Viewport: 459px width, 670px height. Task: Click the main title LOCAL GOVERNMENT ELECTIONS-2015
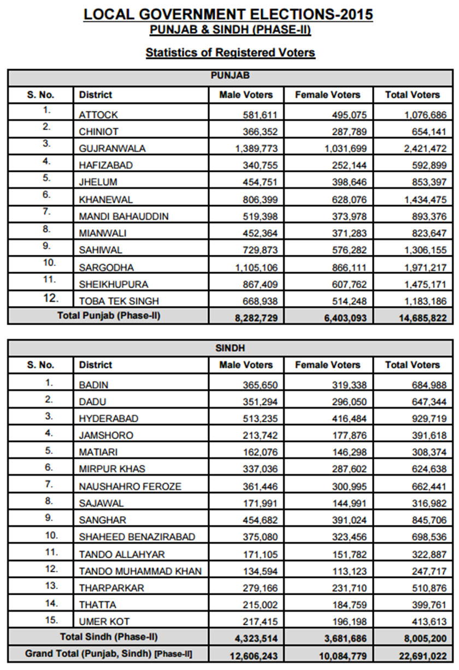[x=228, y=14]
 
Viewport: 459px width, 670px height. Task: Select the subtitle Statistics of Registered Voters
[x=230, y=53]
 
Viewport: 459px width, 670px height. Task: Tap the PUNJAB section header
[x=230, y=76]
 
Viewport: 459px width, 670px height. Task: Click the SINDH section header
[x=230, y=347]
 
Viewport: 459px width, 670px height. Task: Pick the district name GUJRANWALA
[x=112, y=148]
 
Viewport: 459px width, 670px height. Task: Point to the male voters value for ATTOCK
[x=261, y=115]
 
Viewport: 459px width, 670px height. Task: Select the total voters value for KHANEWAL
[x=423, y=200]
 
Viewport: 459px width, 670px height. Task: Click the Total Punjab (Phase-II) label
[x=109, y=315]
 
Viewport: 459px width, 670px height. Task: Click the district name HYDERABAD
[x=109, y=418]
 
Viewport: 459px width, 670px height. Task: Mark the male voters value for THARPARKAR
[x=261, y=588]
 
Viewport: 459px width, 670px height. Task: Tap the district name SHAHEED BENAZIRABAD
[x=137, y=537]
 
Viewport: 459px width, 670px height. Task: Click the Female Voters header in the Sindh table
[x=327, y=365]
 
